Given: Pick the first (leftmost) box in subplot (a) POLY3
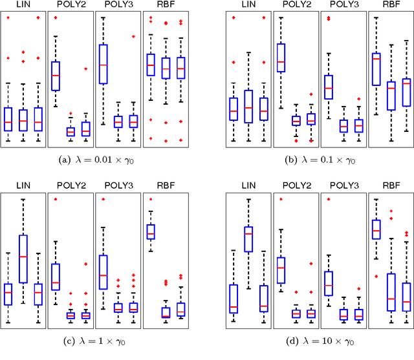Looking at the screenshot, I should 103,63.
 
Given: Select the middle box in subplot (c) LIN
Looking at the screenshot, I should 23,259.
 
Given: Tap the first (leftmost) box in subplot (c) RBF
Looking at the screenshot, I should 150,231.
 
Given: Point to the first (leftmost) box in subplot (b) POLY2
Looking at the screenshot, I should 281,61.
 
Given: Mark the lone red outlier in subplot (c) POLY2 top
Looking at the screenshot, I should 56,198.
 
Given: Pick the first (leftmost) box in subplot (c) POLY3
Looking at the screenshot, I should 103,271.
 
